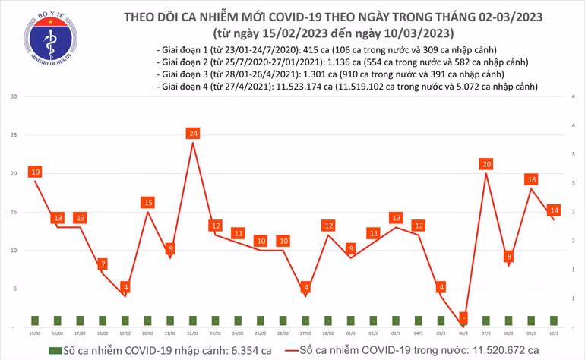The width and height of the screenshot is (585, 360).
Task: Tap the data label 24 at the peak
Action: (x=193, y=134)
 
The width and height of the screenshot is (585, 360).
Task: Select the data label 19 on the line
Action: (x=35, y=172)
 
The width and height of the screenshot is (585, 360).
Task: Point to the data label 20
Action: (x=486, y=164)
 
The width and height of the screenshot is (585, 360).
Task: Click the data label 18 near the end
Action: (x=532, y=180)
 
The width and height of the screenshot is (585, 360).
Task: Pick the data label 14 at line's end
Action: (x=555, y=210)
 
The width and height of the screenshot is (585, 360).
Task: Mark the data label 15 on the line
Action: (x=147, y=203)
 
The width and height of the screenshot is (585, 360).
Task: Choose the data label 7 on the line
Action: (x=103, y=264)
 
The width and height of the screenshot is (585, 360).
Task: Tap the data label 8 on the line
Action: (x=509, y=257)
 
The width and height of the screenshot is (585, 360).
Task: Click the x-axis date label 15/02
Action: (x=35, y=333)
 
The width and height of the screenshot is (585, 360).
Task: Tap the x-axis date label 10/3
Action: (x=554, y=333)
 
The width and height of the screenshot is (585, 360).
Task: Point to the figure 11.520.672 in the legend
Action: (x=487, y=350)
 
